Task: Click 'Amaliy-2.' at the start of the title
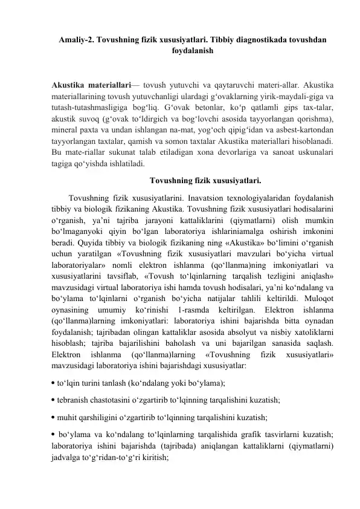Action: pos(78,39)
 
